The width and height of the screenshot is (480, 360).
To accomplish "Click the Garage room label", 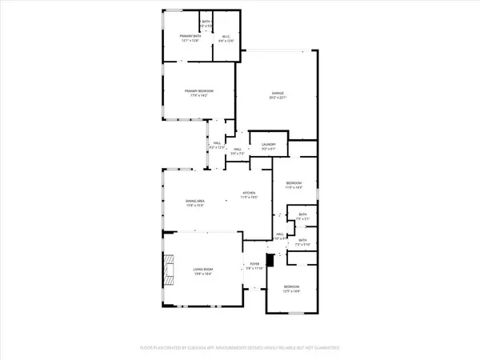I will (x=278, y=93).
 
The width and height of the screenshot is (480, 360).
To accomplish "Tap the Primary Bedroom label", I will (x=199, y=91).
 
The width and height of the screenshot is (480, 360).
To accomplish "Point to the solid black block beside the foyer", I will (x=270, y=260).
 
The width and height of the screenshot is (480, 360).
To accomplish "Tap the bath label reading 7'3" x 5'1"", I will (x=303, y=217).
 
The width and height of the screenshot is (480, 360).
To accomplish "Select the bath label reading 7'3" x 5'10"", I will (x=303, y=242).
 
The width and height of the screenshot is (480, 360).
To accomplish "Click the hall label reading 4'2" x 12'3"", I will (x=217, y=147).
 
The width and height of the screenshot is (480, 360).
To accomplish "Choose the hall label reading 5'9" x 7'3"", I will (x=238, y=151).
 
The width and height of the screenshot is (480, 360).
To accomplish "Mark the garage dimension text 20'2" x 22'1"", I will (x=278, y=98).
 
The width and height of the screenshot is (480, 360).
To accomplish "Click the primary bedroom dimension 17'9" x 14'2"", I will (x=199, y=96).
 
